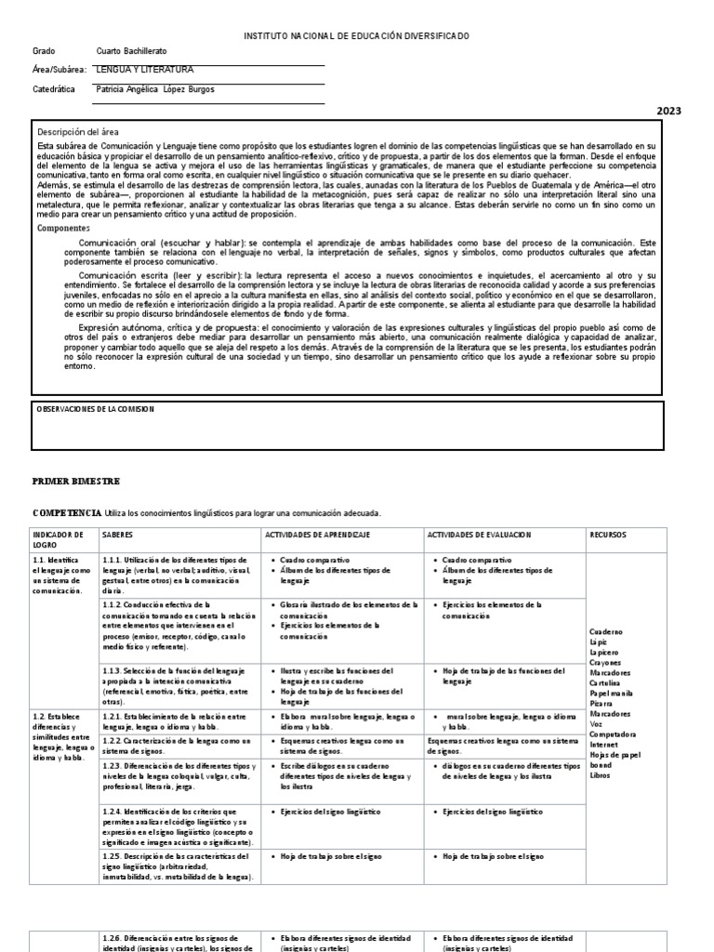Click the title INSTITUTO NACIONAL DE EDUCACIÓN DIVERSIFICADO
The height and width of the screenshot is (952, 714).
356,35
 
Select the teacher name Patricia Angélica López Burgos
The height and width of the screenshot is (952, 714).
154,90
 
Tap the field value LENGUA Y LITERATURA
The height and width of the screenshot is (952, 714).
145,70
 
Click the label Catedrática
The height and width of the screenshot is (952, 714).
53,90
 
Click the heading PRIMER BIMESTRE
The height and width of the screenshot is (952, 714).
75,480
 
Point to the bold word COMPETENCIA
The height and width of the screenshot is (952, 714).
66,513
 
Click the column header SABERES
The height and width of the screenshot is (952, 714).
117,535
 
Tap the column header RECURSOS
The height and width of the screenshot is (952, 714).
609,535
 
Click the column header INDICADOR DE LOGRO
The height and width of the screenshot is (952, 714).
58,540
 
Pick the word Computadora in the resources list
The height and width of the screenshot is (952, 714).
614,734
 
